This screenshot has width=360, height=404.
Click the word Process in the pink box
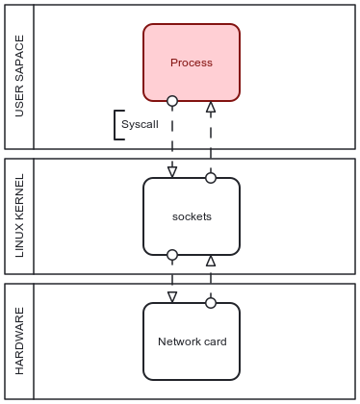coord(191,63)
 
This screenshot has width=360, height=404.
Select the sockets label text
coord(191,216)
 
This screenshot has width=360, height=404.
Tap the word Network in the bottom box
coord(179,341)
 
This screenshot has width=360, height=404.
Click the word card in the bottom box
coord(214,341)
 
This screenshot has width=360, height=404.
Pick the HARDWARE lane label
coord(19,341)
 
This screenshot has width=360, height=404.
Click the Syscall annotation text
coord(140,125)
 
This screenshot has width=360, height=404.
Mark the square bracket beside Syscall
coord(117,125)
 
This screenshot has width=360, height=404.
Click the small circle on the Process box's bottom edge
coord(172,101)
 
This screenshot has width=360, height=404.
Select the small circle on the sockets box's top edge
coord(211,178)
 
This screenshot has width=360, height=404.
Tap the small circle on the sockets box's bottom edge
coord(172,255)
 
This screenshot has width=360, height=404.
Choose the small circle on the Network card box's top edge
coord(211,303)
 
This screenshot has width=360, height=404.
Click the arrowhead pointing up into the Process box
coord(211,107)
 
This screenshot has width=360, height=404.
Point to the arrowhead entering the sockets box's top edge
coord(172,172)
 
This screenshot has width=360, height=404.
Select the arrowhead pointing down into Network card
coord(172,297)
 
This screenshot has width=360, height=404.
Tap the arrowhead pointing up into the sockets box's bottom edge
coord(211,261)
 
